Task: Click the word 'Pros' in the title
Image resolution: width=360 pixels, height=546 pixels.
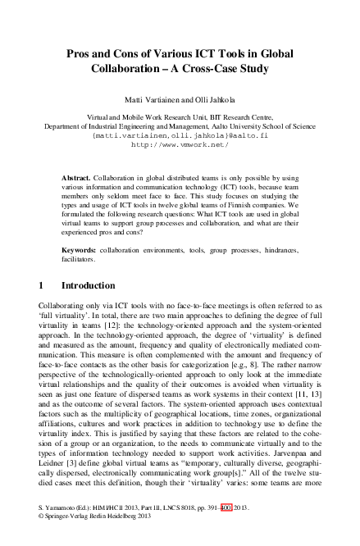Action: click(x=80, y=53)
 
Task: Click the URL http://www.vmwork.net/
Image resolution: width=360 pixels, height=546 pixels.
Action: click(x=180, y=144)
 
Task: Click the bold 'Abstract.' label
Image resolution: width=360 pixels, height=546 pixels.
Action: click(x=77, y=177)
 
